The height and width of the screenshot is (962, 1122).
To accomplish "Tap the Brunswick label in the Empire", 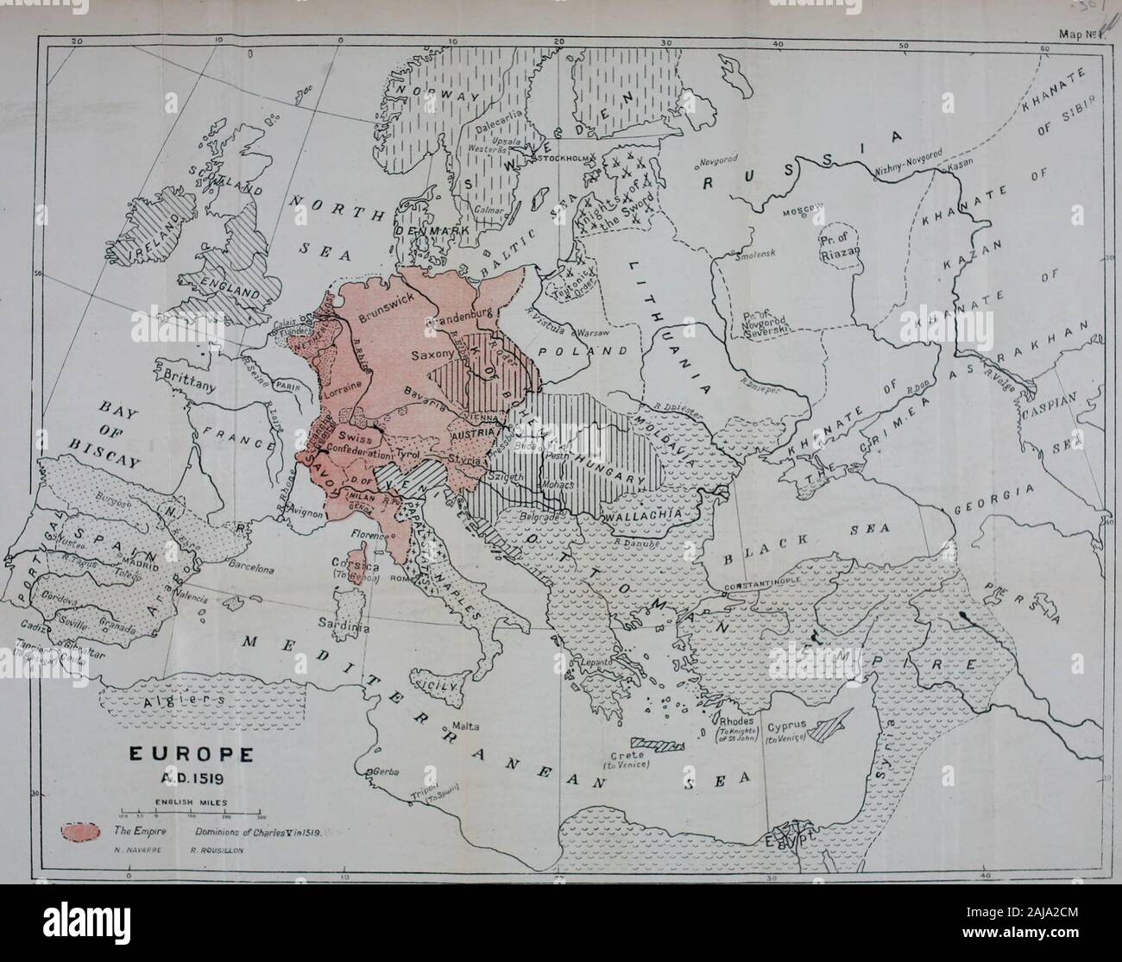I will pos(386,306).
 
